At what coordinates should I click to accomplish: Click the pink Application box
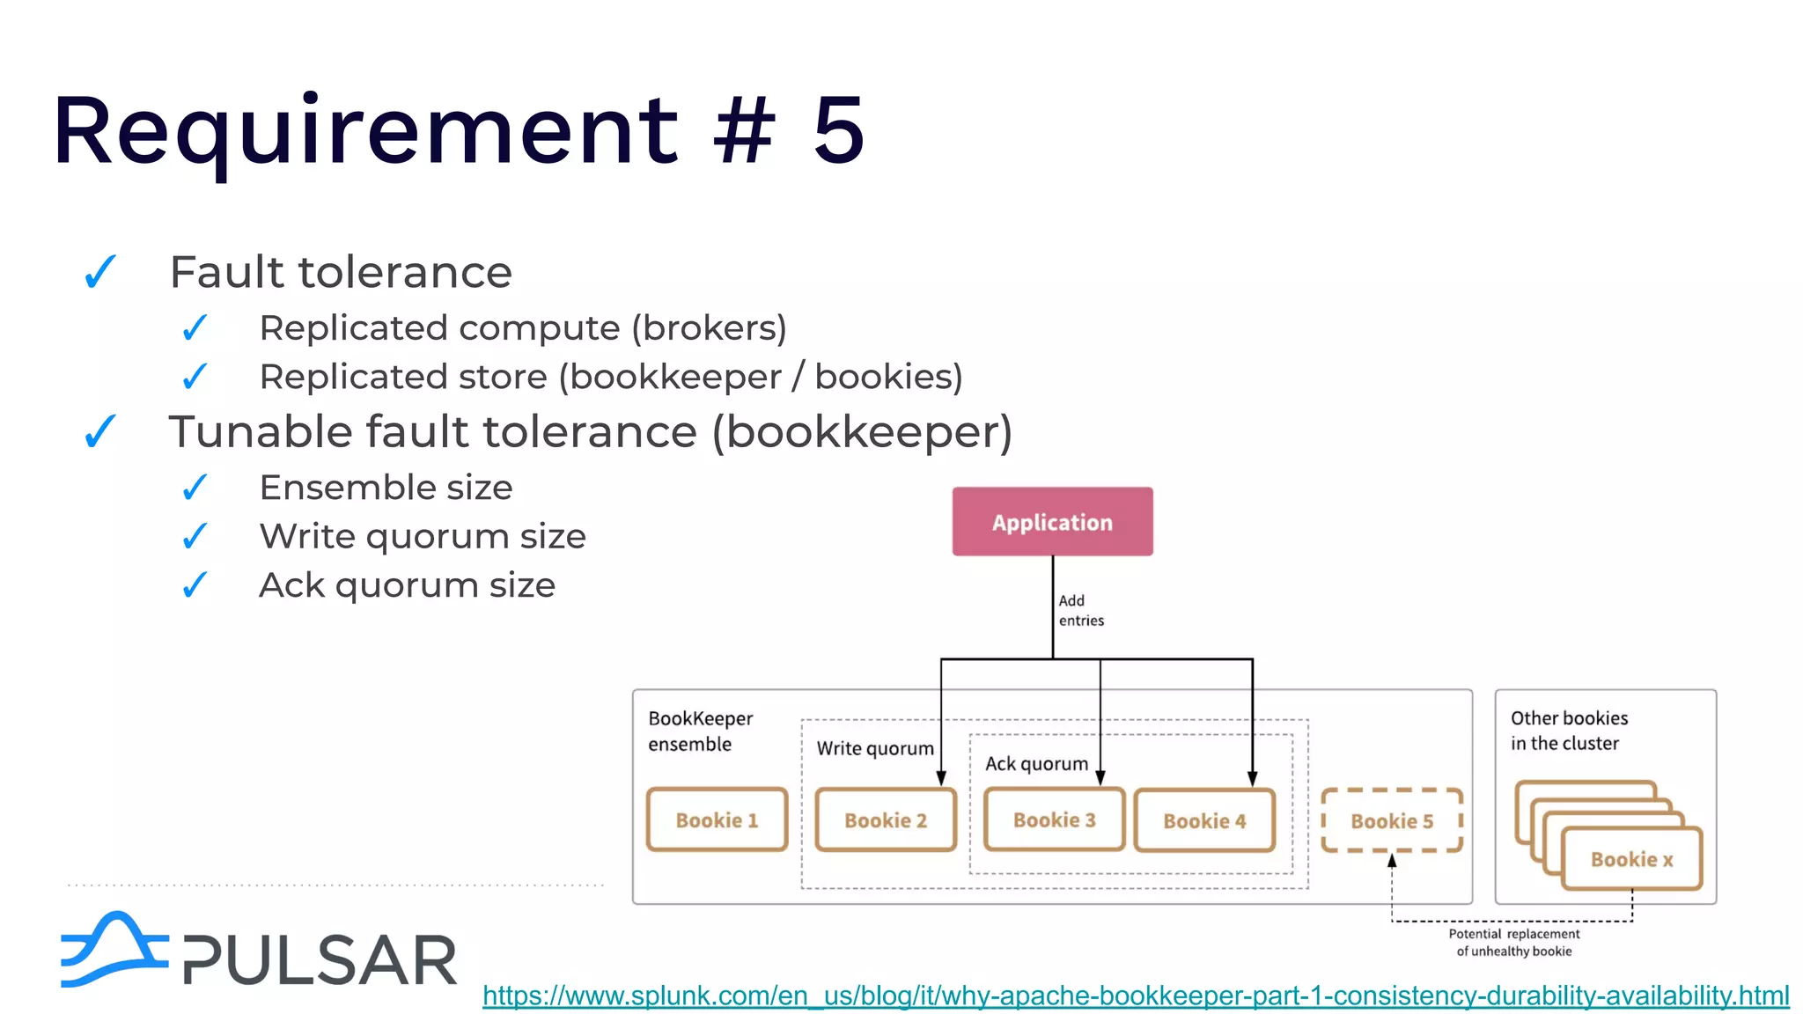(x=1052, y=521)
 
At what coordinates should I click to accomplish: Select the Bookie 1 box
(x=717, y=819)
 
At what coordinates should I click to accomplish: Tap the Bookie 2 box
(x=886, y=819)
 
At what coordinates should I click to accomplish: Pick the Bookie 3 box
(x=1054, y=819)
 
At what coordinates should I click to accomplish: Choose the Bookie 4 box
(x=1204, y=820)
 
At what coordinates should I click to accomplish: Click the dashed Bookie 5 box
(x=1392, y=820)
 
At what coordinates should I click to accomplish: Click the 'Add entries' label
(x=1080, y=610)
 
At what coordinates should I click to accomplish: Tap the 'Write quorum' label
(x=874, y=748)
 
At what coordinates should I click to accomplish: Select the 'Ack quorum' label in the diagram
(x=1036, y=763)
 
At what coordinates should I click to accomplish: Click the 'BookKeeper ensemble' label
(x=700, y=731)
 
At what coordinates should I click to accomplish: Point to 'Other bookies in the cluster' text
(x=1569, y=731)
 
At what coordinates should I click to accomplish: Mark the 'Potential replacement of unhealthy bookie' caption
(x=1513, y=942)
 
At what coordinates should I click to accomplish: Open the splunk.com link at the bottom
(x=1136, y=996)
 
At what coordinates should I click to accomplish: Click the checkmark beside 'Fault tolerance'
(x=100, y=271)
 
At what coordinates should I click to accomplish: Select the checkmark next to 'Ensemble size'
(x=195, y=487)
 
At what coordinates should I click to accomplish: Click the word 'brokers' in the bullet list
(x=708, y=327)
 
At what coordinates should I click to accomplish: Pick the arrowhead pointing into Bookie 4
(x=1252, y=778)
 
